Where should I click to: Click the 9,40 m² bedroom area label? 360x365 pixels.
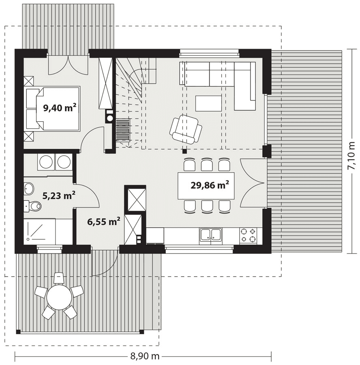pyautogui.click(x=60, y=108)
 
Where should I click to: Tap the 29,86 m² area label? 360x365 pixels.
pyautogui.click(x=210, y=185)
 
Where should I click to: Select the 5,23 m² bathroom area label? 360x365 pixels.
pyautogui.click(x=59, y=195)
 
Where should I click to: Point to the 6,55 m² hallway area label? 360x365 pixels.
pyautogui.click(x=103, y=221)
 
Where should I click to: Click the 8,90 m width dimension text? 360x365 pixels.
pyautogui.click(x=145, y=356)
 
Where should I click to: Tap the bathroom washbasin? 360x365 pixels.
pyautogui.click(x=29, y=188)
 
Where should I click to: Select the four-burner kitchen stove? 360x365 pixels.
pyautogui.click(x=248, y=235)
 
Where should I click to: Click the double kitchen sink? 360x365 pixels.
pyautogui.click(x=211, y=236)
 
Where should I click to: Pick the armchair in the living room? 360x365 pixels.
pyautogui.click(x=186, y=129)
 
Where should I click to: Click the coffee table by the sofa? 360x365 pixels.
pyautogui.click(x=208, y=103)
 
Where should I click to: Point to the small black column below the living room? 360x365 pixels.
pyautogui.click(x=184, y=151)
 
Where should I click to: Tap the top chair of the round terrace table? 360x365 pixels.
pyautogui.click(x=59, y=278)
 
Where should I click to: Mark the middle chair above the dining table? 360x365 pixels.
pyautogui.click(x=207, y=165)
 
